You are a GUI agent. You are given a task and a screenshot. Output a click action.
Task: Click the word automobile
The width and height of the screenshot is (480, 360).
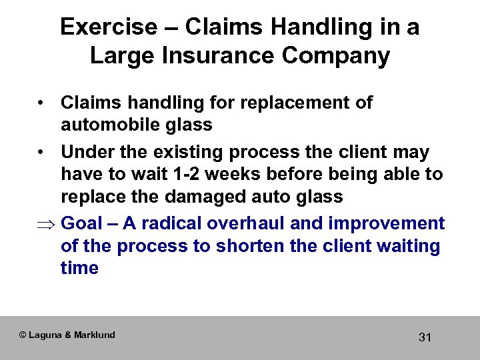coord(107,125)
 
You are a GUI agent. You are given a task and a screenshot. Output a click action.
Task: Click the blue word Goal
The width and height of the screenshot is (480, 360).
coord(83,223)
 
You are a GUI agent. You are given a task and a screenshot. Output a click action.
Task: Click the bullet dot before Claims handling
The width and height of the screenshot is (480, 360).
coord(41,103)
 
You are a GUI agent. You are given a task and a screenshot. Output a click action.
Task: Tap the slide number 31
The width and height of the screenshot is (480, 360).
coord(425,337)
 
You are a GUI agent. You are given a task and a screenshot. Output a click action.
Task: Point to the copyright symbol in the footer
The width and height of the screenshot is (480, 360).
coord(23,335)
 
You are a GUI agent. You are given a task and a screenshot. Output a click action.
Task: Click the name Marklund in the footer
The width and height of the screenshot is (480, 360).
coord(94,335)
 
